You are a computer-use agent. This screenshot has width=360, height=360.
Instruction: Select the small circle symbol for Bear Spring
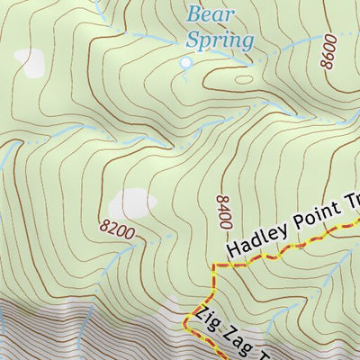point(186,63)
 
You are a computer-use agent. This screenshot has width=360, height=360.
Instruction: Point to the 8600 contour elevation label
point(328,52)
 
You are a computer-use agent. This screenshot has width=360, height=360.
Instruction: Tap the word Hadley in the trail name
point(256,236)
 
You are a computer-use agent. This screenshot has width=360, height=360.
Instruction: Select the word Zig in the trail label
point(204,320)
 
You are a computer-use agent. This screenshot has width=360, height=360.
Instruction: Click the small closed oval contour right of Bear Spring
point(244,78)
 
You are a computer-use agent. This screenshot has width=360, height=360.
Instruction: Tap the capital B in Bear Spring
point(193,14)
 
